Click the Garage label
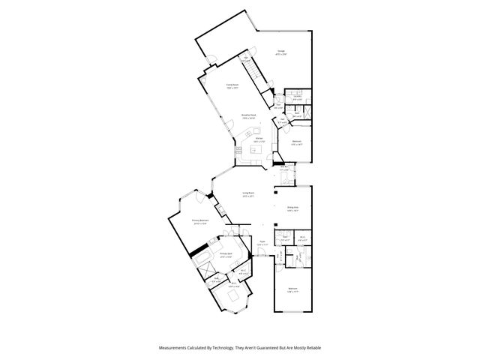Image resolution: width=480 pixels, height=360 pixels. (x=280, y=52)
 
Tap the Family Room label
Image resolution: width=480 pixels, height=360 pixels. (x=232, y=86)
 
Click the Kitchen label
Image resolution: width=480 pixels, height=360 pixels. (x=257, y=140)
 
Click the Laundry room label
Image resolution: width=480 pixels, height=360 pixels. (x=298, y=97)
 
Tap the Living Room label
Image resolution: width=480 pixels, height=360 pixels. (x=248, y=195)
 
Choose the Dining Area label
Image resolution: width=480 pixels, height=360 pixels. (x=293, y=209)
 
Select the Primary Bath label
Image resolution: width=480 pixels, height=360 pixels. (x=226, y=255)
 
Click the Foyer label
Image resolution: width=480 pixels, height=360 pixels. (x=262, y=244)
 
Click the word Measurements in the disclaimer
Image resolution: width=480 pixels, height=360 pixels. (x=174, y=347)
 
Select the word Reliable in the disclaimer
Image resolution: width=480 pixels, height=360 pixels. (x=312, y=347)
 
